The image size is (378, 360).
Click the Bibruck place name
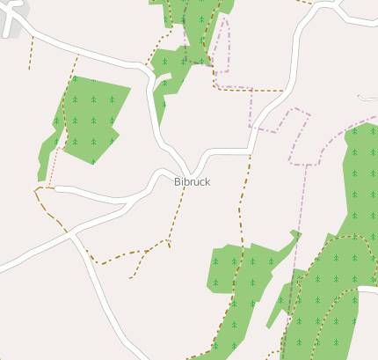[x=192, y=181]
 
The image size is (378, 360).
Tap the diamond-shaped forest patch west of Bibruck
[x=89, y=118]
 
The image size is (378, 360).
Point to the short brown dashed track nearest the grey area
[x=32, y=53]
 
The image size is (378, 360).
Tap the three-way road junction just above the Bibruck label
[x=190, y=170]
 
